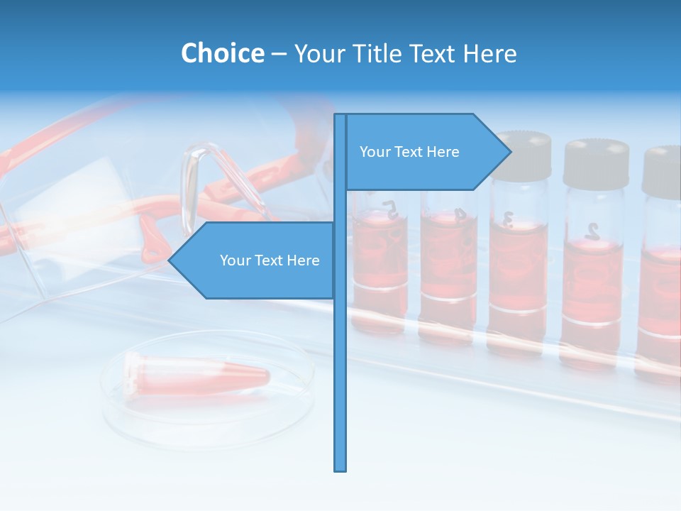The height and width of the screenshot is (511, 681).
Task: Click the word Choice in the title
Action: (x=222, y=53)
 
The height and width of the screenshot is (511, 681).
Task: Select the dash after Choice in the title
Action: (x=279, y=54)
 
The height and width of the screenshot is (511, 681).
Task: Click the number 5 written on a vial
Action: (x=389, y=207)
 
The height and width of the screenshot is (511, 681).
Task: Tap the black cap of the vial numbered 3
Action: (x=524, y=155)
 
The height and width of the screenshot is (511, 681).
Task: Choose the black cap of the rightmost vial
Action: (x=663, y=170)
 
